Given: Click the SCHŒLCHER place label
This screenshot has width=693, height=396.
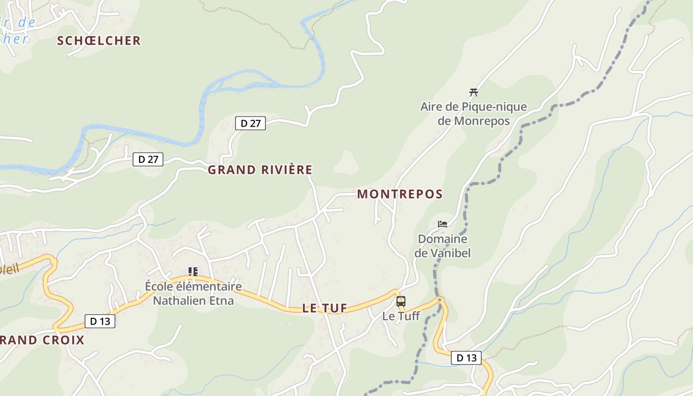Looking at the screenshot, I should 99,41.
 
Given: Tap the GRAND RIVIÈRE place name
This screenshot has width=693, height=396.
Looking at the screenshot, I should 260,170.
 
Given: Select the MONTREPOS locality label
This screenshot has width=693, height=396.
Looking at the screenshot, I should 400,194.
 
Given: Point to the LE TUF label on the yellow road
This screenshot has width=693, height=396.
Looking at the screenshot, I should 325,308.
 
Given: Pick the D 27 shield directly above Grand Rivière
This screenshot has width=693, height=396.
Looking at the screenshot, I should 250,123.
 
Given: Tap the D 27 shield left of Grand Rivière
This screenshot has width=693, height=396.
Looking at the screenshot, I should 148,159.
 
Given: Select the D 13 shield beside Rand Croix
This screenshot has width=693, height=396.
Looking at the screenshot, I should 100,321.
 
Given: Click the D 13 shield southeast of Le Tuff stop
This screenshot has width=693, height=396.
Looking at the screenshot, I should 466,358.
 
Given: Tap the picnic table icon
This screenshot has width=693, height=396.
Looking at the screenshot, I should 474,92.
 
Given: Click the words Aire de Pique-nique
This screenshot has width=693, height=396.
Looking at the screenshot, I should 473,107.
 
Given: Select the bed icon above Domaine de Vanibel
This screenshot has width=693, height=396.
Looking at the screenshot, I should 443,224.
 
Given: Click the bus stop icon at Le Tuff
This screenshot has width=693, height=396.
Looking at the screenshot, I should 401,301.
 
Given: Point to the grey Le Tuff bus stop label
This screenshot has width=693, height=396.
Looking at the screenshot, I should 401,316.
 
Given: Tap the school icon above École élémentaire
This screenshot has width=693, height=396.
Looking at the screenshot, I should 193,271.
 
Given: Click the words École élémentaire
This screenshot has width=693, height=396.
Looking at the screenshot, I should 193,286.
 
